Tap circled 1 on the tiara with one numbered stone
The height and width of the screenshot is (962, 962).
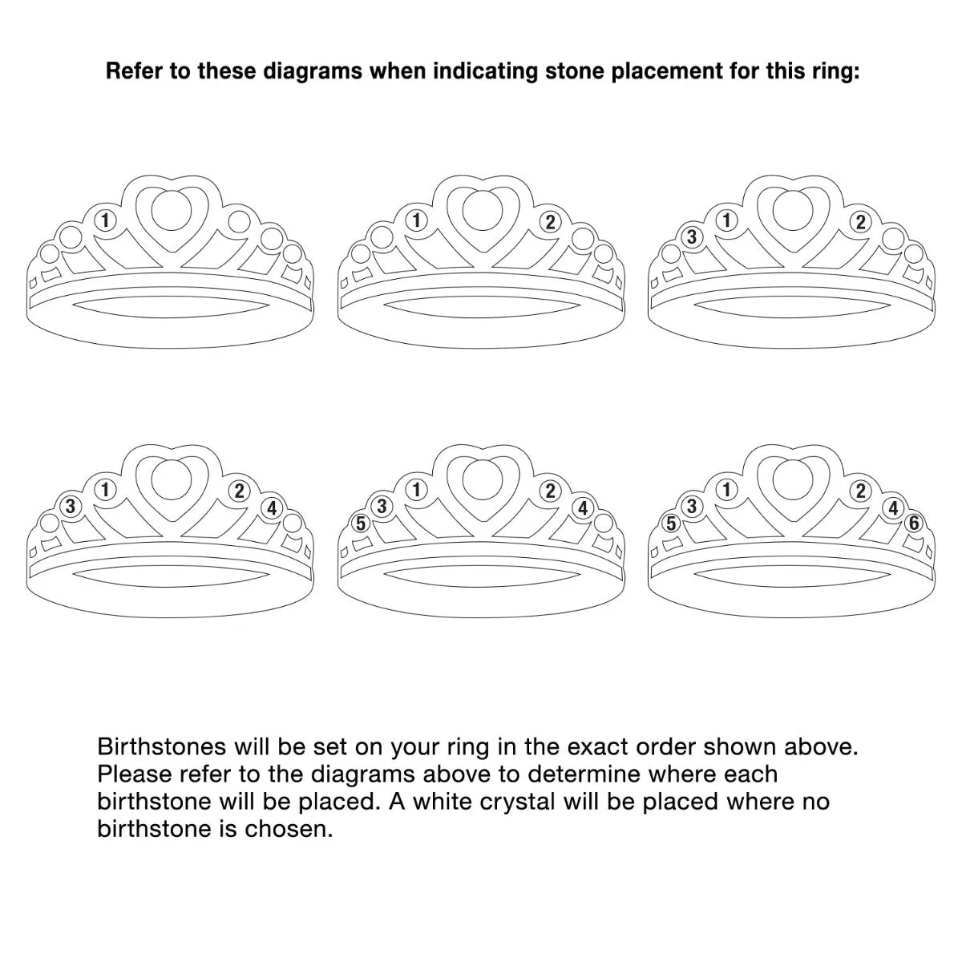tap(105, 220)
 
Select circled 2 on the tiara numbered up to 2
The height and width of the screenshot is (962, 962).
tap(550, 222)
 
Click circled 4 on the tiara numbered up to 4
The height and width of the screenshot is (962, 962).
tap(272, 507)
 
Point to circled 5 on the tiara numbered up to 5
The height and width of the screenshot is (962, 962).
tap(361, 523)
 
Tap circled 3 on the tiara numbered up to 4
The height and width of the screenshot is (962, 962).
tap(71, 506)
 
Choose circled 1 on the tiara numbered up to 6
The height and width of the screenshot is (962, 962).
tap(727, 489)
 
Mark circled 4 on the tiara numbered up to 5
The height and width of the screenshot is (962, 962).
tap(583, 508)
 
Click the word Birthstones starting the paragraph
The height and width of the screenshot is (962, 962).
tap(161, 747)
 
